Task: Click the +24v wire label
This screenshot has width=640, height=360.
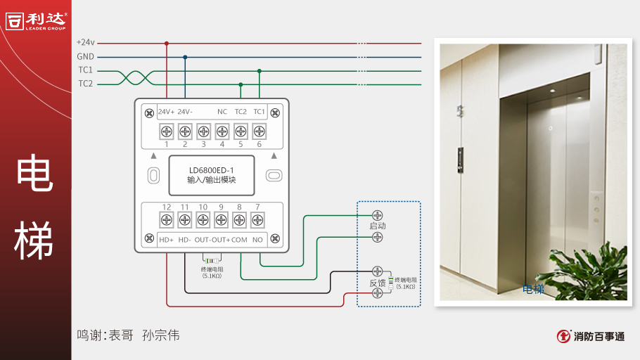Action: (x=85, y=43)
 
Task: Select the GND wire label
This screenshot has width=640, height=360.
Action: (x=85, y=57)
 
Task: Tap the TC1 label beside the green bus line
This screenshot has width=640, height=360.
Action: (x=85, y=70)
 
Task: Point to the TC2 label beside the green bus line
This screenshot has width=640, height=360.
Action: (x=85, y=84)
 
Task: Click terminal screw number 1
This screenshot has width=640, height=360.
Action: (x=167, y=131)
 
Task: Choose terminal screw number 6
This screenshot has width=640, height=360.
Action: (x=259, y=131)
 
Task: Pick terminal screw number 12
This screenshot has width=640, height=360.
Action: (x=167, y=220)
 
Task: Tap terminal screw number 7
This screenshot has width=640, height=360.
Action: (x=257, y=220)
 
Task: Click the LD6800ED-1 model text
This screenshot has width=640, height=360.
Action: (x=212, y=169)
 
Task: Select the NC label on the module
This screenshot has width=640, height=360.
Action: (x=222, y=112)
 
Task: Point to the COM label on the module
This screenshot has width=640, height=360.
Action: (x=239, y=240)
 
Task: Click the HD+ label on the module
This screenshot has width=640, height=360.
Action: (x=166, y=240)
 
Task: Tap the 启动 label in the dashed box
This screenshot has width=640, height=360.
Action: (x=378, y=226)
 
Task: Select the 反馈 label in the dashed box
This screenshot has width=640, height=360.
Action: (x=378, y=283)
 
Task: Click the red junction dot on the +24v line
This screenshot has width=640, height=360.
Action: (x=167, y=43)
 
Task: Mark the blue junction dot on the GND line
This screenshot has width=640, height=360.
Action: (x=185, y=57)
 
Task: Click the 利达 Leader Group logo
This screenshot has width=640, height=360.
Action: (x=35, y=20)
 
